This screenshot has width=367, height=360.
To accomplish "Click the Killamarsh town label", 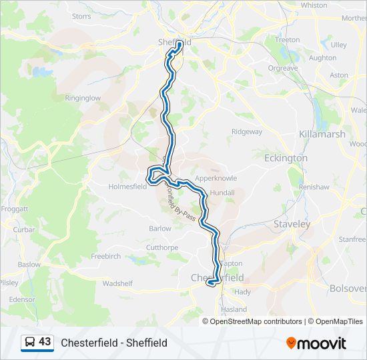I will [323, 134].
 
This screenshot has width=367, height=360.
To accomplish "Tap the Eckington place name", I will [286, 158].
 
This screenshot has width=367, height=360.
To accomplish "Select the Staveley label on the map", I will [292, 225].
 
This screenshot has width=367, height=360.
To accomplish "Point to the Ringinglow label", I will [83, 98].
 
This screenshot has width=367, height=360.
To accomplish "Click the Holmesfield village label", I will [127, 187].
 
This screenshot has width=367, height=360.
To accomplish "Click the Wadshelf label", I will [118, 283].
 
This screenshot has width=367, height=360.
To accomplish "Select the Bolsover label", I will [348, 289].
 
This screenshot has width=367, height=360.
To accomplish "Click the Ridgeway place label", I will [247, 132].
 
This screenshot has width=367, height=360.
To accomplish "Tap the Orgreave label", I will [283, 68].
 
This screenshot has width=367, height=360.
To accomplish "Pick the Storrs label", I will [81, 16].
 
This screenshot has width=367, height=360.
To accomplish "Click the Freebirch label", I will [105, 256].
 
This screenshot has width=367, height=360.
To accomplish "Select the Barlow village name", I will [160, 228].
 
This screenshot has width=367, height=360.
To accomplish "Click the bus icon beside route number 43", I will [30, 342].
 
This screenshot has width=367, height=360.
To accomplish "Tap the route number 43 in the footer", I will [45, 342].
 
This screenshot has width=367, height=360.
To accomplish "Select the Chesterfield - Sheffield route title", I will [114, 343].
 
